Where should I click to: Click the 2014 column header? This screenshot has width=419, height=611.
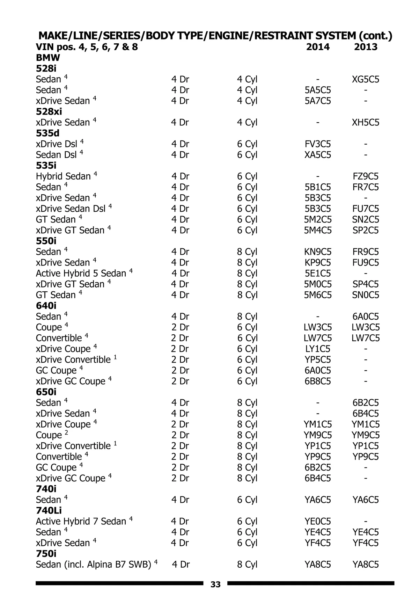click(x=317, y=47)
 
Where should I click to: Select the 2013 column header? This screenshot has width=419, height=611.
click(x=366, y=47)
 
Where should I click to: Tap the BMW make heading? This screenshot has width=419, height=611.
click(x=48, y=58)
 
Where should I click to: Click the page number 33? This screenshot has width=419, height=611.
click(x=215, y=584)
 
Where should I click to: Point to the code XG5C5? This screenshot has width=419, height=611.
click(x=366, y=79)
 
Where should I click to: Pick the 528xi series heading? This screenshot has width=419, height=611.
click(x=49, y=111)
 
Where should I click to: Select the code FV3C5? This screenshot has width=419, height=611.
click(x=317, y=144)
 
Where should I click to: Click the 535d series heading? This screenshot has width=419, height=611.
click(x=47, y=133)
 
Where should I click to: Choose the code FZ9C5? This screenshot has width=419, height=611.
click(x=366, y=176)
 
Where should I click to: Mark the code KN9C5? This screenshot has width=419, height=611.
click(x=317, y=252)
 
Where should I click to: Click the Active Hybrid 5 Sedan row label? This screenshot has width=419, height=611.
click(x=81, y=273)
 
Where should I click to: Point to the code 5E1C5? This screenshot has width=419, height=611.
click(x=317, y=273)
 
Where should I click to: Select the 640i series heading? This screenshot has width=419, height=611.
click(x=46, y=306)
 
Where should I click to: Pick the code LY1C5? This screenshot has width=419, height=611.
click(x=317, y=349)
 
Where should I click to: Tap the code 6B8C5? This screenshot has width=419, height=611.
click(x=317, y=381)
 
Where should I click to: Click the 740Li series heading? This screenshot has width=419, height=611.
click(x=49, y=510)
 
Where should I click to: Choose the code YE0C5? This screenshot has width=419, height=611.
click(x=317, y=521)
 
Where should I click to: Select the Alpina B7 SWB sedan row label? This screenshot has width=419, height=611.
click(x=93, y=565)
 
